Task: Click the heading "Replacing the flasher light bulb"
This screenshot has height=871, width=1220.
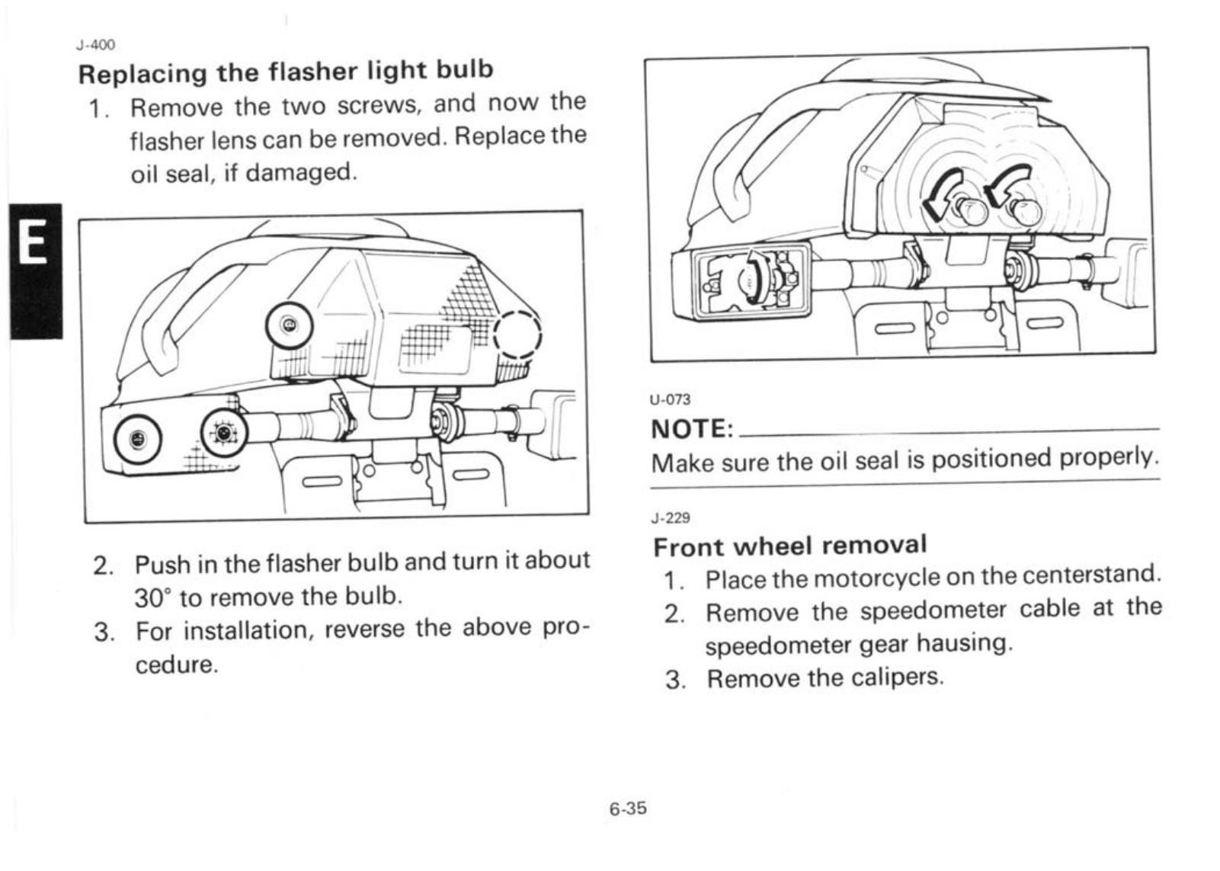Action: coord(286,72)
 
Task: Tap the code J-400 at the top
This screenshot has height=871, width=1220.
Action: coord(95,45)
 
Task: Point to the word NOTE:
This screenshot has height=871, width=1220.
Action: coord(692,429)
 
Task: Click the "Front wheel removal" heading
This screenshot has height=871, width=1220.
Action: coord(790,546)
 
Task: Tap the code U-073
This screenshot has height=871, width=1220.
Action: coord(670,399)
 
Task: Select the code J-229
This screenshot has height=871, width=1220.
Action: coord(671,518)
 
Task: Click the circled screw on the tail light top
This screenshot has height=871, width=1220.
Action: coord(289,325)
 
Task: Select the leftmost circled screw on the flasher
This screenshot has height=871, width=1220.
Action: coord(137,440)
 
